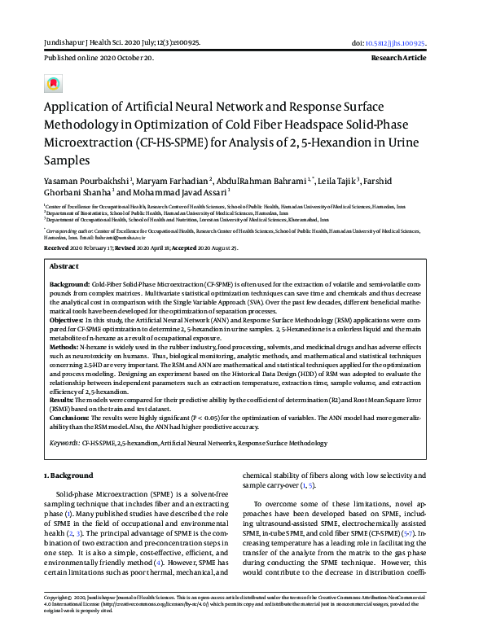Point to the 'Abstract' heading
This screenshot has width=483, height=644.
coord(64,266)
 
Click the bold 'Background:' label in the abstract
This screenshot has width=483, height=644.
coord(72,283)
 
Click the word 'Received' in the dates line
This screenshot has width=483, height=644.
coord(58,246)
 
